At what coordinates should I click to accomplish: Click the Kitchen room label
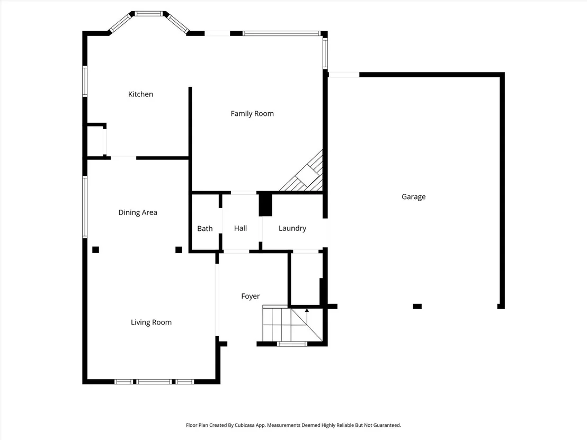click(140, 94)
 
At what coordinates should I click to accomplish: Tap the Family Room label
click(252, 114)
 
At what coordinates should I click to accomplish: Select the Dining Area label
click(138, 212)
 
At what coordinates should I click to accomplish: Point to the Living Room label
click(151, 322)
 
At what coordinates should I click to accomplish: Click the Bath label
click(205, 229)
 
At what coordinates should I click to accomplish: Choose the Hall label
click(241, 228)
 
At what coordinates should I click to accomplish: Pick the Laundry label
click(292, 228)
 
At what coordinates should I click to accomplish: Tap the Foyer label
click(251, 297)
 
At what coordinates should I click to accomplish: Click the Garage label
click(414, 197)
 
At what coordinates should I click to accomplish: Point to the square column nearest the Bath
click(179, 249)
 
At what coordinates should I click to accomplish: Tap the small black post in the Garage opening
click(417, 307)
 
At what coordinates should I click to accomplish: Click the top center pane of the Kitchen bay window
click(149, 14)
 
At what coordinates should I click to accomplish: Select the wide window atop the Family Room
click(281, 33)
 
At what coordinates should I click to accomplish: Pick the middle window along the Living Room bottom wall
click(154, 382)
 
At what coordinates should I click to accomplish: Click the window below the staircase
click(292, 344)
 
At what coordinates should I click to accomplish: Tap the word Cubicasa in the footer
click(246, 425)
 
